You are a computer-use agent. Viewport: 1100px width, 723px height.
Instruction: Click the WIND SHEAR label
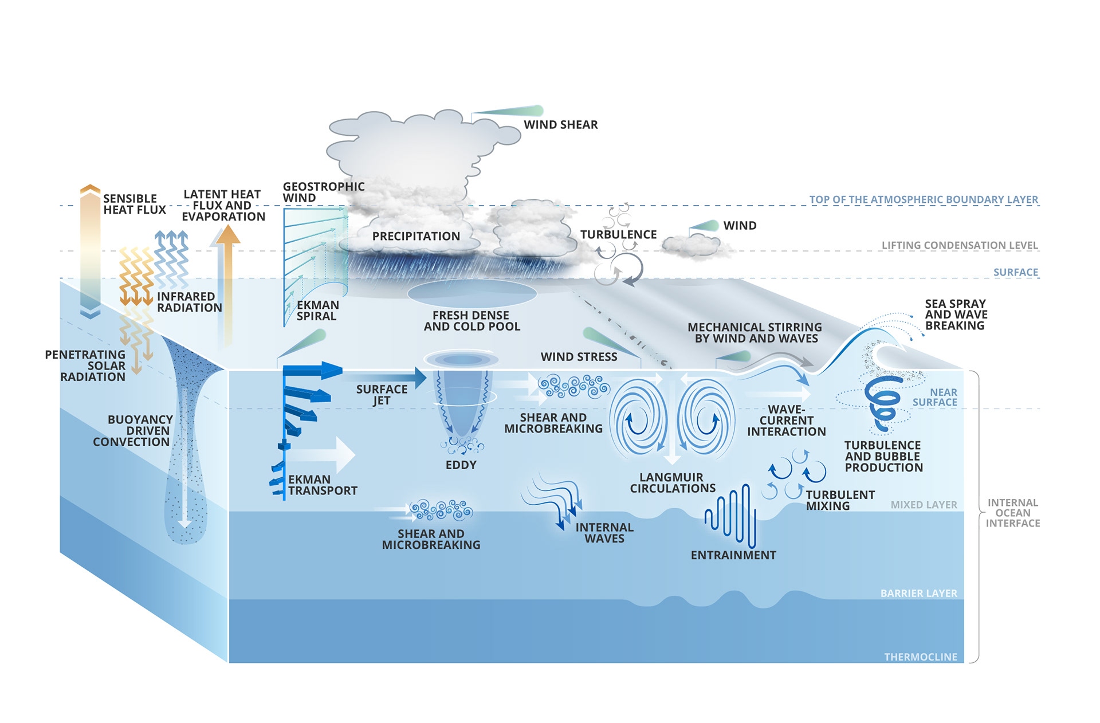pyautogui.click(x=560, y=125)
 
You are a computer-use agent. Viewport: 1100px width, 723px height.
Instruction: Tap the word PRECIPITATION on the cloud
pyautogui.click(x=416, y=236)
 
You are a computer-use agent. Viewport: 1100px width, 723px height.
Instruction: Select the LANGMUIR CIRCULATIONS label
pyautogui.click(x=673, y=483)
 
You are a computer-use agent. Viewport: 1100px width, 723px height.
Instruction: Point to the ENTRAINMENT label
pyautogui.click(x=733, y=555)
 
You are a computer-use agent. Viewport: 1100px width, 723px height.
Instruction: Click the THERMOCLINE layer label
pyautogui.click(x=920, y=657)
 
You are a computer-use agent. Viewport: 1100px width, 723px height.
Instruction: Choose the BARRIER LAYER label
pyautogui.click(x=918, y=594)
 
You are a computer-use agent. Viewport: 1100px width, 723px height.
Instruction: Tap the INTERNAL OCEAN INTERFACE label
pyautogui.click(x=1012, y=513)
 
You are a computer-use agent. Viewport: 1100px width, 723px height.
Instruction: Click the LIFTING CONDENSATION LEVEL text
pyautogui.click(x=959, y=245)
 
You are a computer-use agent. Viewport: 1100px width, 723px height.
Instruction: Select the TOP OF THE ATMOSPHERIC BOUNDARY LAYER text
pyautogui.click(x=923, y=199)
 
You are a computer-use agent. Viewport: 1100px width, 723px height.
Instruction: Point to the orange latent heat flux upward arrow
pyautogui.click(x=227, y=286)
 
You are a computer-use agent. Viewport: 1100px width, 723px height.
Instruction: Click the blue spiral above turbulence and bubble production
pyautogui.click(x=884, y=401)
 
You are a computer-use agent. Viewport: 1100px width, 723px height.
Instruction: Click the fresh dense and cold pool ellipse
pyautogui.click(x=472, y=293)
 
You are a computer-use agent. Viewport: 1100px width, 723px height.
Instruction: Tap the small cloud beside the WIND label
pyautogui.click(x=692, y=245)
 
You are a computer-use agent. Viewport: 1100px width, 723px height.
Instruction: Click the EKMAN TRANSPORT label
pyautogui.click(x=322, y=485)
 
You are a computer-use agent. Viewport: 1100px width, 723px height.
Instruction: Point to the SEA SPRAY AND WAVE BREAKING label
pyautogui.click(x=956, y=315)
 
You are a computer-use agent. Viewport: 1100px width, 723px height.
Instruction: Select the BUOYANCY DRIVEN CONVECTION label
pyautogui.click(x=132, y=431)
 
